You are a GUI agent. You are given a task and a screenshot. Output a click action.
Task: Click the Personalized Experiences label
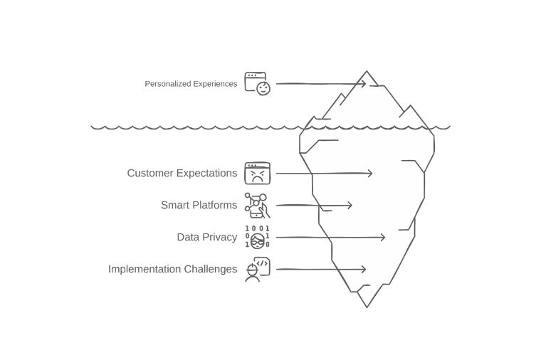coord(191,84)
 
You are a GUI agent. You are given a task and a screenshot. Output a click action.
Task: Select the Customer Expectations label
coord(182,173)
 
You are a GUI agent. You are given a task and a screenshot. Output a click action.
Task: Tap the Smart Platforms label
coord(199,206)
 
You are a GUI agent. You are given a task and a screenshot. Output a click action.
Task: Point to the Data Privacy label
coord(207,237)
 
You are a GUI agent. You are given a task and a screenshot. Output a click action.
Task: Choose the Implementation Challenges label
coord(172,269)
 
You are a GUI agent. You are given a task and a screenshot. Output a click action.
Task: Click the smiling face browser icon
coord(258,84)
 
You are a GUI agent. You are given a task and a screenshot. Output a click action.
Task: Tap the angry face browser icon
coord(258,173)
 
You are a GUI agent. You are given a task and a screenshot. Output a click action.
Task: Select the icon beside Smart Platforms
coord(257,206)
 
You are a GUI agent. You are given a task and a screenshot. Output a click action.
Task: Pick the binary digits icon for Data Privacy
coord(257,237)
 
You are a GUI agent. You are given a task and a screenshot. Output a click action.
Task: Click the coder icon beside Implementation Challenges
coord(257,270)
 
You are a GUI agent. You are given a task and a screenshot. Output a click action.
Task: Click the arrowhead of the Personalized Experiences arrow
coord(364,84)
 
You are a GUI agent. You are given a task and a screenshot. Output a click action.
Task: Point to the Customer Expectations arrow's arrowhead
coord(370,173)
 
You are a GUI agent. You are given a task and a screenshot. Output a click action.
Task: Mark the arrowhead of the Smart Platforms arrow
coord(350,206)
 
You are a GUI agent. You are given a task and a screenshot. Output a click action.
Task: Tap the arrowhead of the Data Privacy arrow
coord(383,237)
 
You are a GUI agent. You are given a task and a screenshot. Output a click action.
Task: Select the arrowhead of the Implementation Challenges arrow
coord(364,270)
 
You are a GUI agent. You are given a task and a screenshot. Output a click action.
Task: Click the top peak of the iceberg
coord(367,72)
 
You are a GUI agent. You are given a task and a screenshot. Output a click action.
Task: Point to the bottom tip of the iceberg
coord(367,307)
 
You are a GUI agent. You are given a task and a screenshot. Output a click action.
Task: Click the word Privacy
coord(221,237)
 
